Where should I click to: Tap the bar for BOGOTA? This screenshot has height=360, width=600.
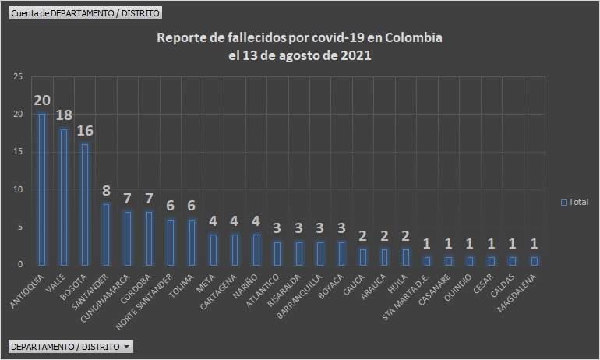[x=85, y=204]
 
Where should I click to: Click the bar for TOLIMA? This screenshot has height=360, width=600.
[x=192, y=242]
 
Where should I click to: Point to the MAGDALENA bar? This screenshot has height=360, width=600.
[x=534, y=261]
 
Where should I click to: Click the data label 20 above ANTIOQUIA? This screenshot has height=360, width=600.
[x=42, y=101]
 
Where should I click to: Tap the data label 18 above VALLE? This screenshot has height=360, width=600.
[x=64, y=115]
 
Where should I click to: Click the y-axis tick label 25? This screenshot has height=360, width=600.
[x=18, y=76]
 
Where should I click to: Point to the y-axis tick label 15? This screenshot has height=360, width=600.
[x=18, y=152]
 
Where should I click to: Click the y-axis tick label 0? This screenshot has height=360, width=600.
[x=20, y=265]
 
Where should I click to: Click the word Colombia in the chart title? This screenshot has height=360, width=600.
[x=409, y=38]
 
